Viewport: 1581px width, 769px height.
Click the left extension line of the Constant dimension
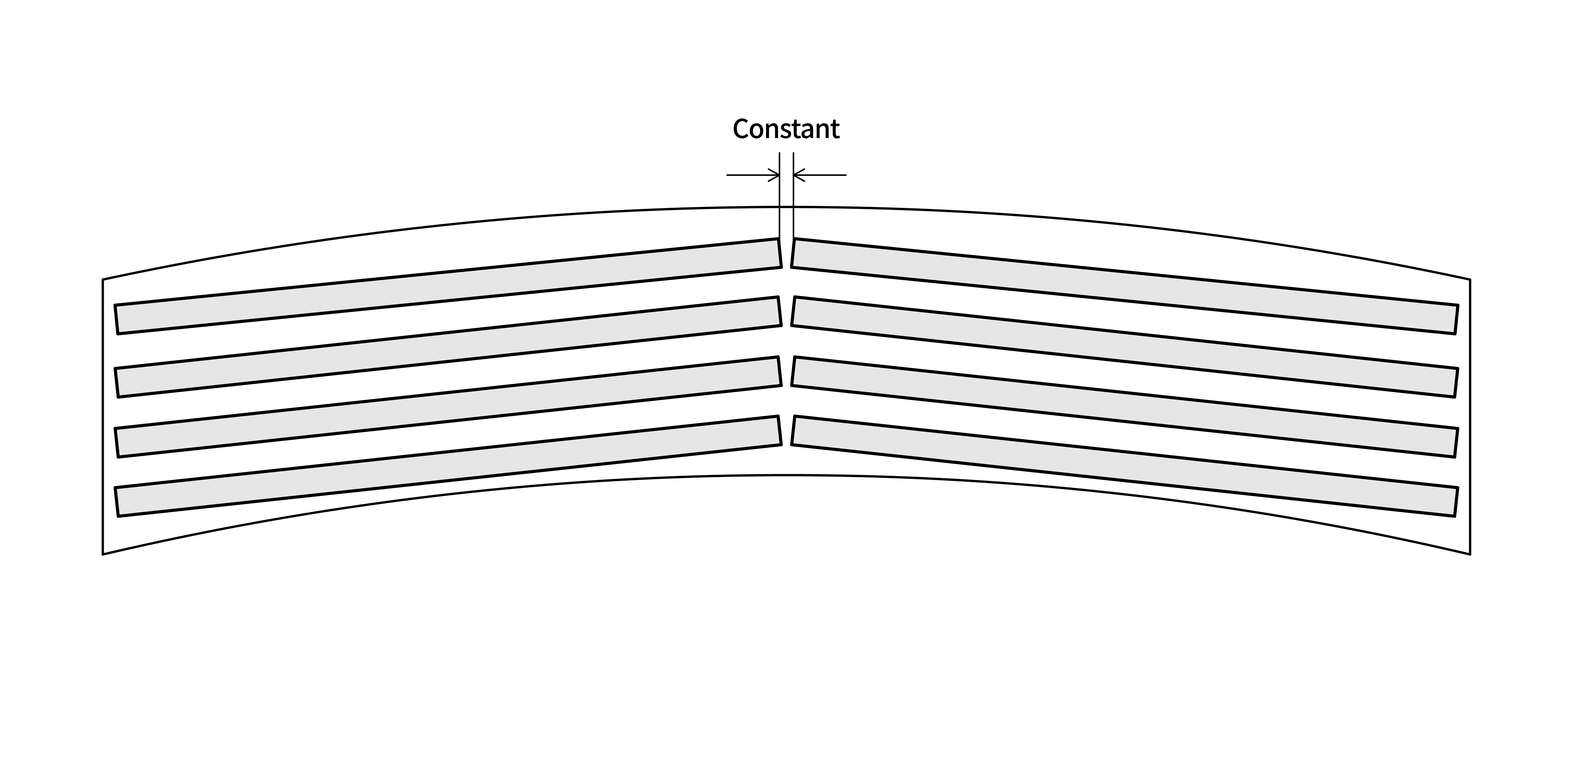click(780, 195)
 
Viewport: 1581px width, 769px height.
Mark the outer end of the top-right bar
click(1457, 319)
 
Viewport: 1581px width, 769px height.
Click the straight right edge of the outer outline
click(1470, 417)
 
